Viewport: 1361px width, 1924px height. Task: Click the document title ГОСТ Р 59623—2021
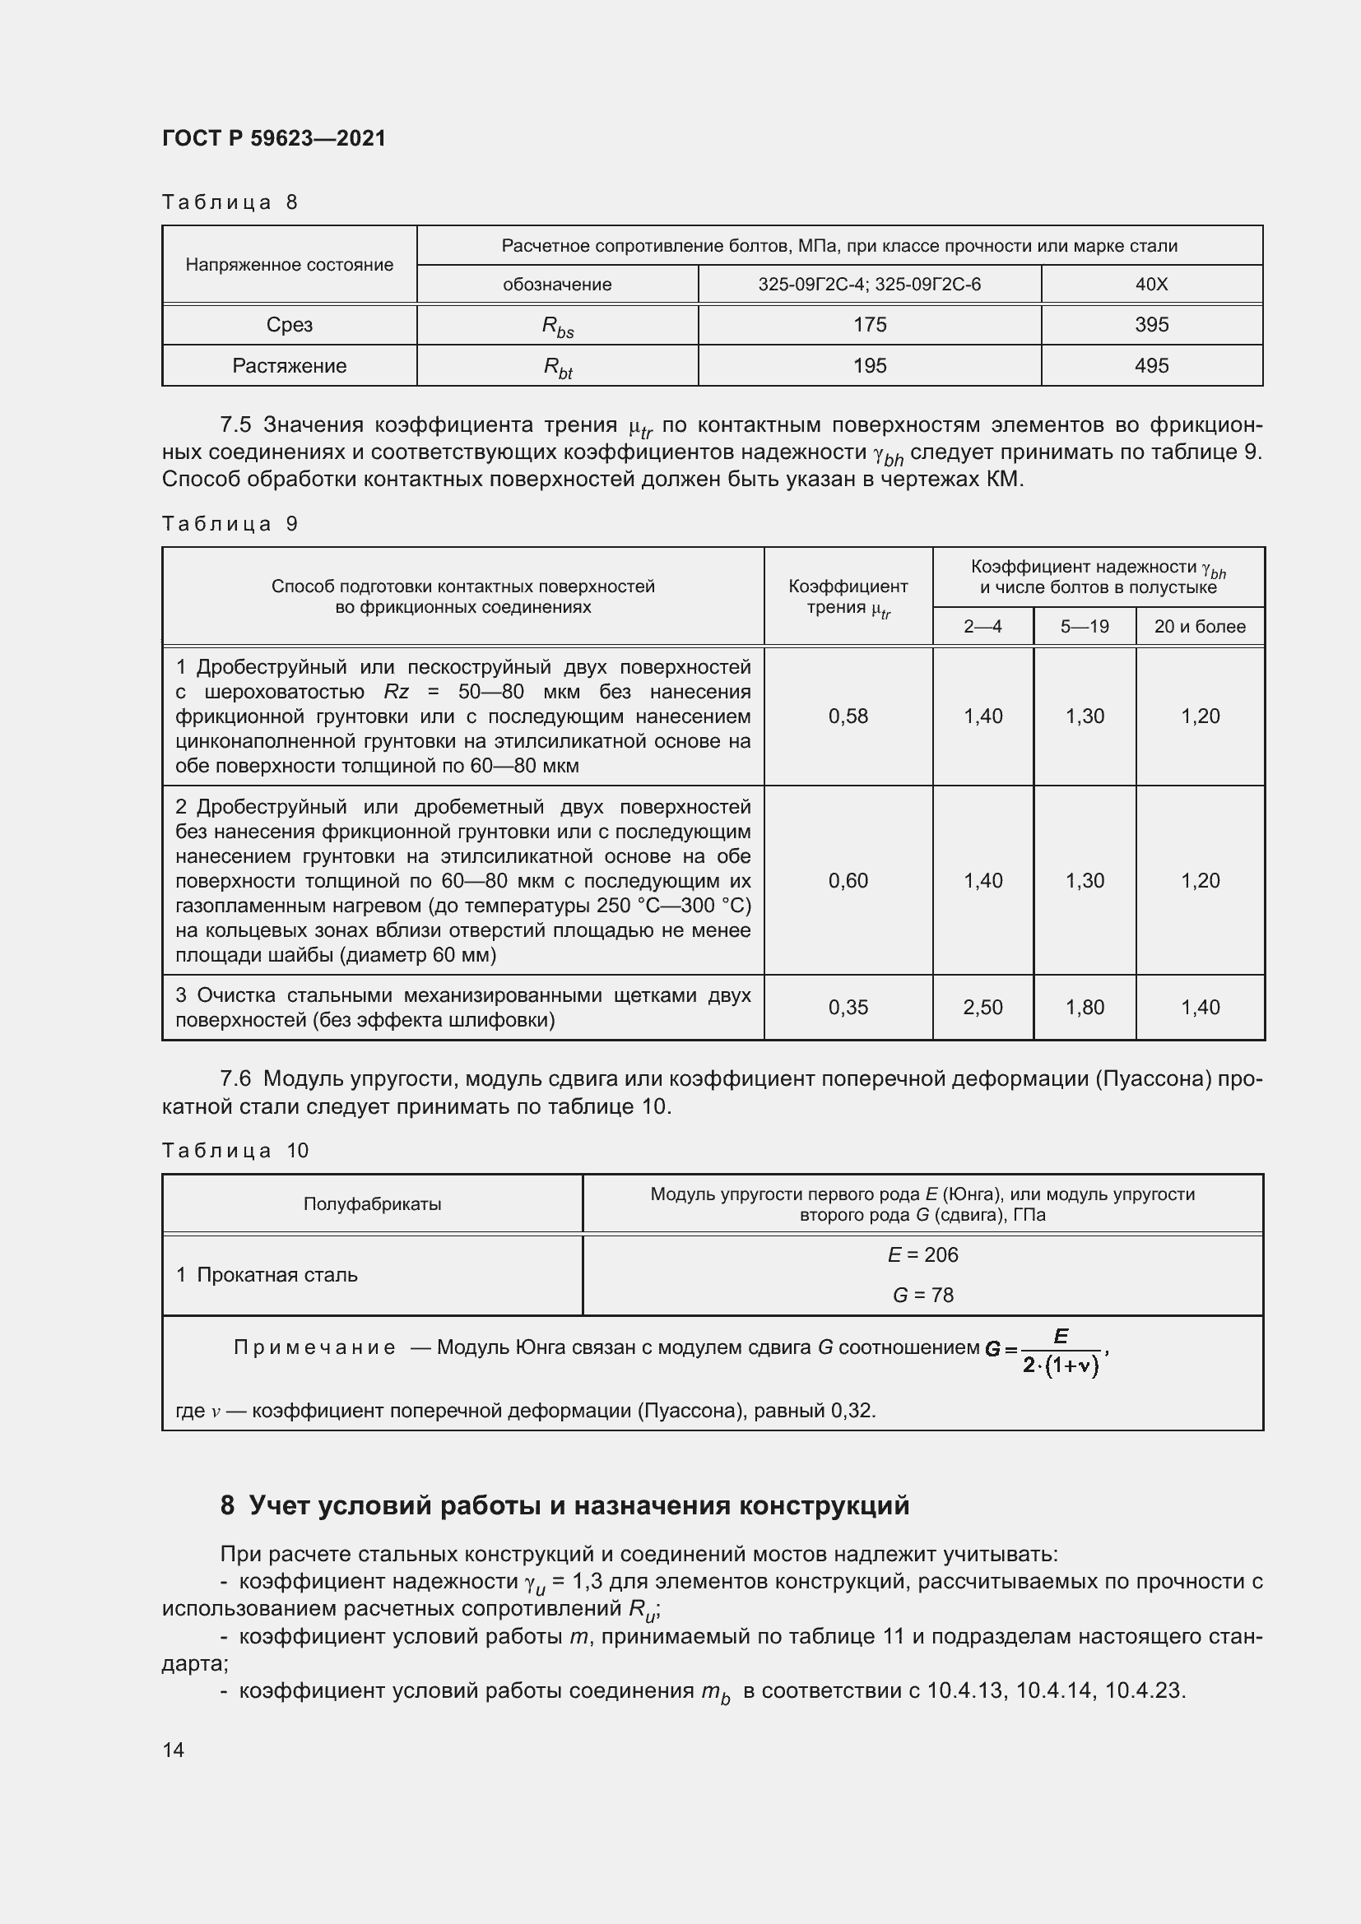click(274, 138)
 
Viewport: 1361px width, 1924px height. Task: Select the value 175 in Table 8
click(869, 324)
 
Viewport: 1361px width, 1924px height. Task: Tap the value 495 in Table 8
click(1150, 365)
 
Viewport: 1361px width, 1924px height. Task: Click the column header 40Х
click(1150, 284)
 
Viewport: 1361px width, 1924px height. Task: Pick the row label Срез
click(289, 324)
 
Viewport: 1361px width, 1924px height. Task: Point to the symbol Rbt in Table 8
click(557, 366)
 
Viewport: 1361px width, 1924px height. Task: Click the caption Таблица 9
click(230, 524)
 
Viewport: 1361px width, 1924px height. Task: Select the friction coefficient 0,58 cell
click(848, 716)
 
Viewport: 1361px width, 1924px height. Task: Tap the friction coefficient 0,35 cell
click(848, 1008)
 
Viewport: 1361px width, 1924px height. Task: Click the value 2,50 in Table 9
click(983, 1008)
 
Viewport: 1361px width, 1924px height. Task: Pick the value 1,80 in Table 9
click(1085, 1008)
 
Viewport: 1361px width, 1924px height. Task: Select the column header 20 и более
click(1199, 626)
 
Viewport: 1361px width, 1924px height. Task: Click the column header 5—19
click(1085, 626)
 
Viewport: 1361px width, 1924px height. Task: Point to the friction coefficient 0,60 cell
click(848, 880)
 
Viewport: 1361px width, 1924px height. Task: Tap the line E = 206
click(922, 1254)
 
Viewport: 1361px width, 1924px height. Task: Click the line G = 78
click(922, 1295)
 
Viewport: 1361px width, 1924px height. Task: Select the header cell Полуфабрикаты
click(372, 1204)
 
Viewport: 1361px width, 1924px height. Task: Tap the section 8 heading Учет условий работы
click(564, 1505)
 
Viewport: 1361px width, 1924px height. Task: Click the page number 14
click(174, 1750)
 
